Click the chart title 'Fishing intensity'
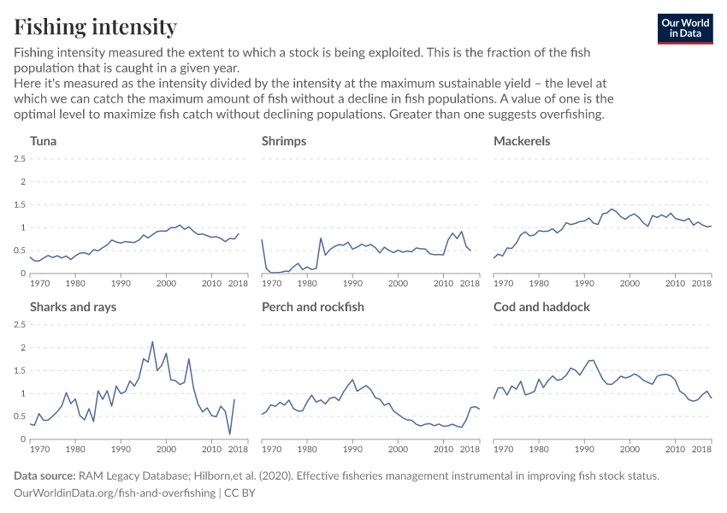95,27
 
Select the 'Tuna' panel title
44,141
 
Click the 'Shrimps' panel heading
284,141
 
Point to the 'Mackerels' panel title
522,141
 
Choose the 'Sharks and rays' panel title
74,307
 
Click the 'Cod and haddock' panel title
541,307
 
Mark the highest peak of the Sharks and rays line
152,342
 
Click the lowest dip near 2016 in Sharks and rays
230,434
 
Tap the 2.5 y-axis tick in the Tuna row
18,159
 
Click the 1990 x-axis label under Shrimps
352,283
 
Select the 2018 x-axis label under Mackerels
701,283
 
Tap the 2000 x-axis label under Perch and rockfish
399,449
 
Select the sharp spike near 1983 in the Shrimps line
321,239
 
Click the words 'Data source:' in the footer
44,475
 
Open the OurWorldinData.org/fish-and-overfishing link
115,493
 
